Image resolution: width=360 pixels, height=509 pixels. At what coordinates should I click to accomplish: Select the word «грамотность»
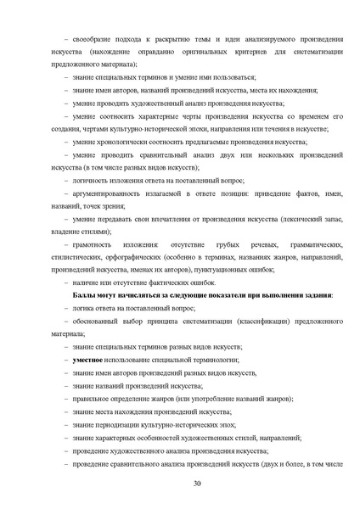pos(93,243)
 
